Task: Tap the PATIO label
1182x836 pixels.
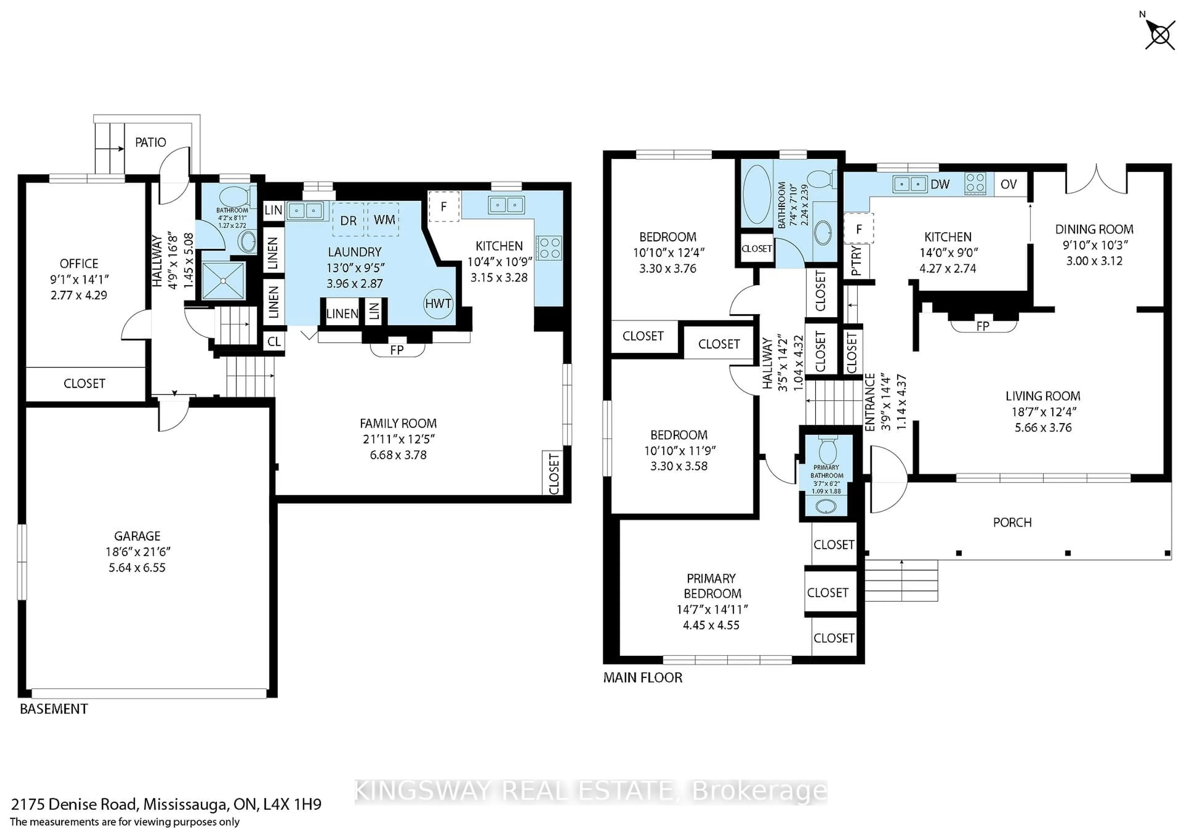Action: click(150, 143)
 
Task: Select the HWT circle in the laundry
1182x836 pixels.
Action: click(438, 304)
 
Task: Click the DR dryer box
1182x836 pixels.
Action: click(348, 220)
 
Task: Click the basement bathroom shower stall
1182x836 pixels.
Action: click(223, 280)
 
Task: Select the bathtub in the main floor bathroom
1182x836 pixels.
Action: click(757, 194)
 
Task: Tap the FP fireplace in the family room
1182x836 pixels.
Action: click(397, 350)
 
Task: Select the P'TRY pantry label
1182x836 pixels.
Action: click(856, 260)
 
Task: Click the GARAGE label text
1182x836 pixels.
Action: click(138, 536)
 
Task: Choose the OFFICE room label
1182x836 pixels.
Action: click(79, 263)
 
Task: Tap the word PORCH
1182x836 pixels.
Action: click(1012, 523)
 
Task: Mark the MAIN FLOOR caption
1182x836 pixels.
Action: click(642, 677)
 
